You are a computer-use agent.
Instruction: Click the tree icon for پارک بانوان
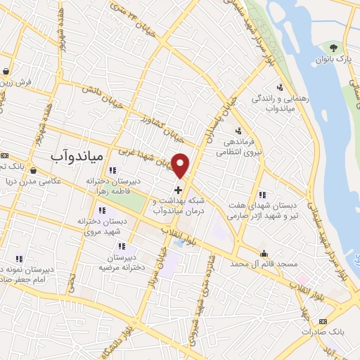(333, 48)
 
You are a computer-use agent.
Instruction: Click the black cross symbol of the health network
(179, 189)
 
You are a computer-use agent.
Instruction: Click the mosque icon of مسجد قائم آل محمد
(264, 254)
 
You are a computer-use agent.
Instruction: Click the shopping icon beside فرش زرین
(6, 71)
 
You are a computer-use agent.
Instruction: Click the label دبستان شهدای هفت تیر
(263, 206)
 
